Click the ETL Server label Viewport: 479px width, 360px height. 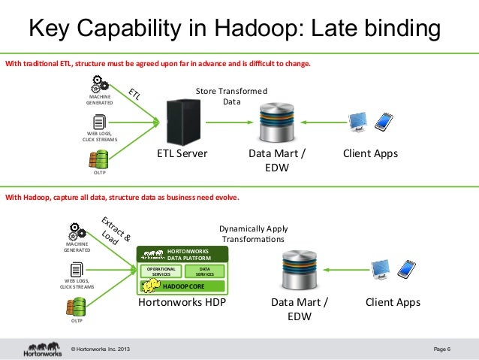(182, 153)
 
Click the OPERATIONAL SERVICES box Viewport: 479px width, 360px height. (161, 271)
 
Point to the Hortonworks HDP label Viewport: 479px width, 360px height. (182, 303)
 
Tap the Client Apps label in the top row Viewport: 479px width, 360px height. (370, 153)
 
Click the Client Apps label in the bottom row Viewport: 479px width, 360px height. (393, 303)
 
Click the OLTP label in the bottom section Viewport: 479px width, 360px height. (77, 321)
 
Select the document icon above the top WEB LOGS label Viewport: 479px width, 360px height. (98, 122)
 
